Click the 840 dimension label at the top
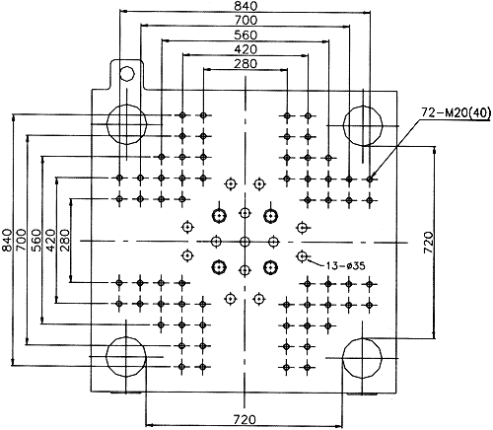point(246,6)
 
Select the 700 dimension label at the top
point(246,21)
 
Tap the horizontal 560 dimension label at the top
point(246,35)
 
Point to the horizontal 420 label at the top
point(246,49)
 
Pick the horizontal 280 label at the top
point(246,64)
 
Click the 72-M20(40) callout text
point(457,112)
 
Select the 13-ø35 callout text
point(346,265)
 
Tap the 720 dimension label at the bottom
point(245,420)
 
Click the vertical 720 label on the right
point(428,243)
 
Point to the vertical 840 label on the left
point(7,240)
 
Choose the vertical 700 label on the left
point(22,240)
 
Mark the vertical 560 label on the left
point(36,241)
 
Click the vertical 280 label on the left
point(65,241)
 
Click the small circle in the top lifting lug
point(127,67)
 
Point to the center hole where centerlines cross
point(245,243)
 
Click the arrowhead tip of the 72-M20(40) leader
point(371,179)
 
